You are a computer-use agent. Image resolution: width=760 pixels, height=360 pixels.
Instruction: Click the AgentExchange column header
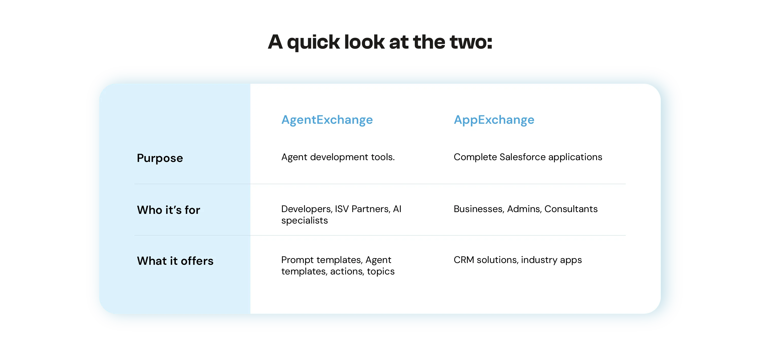[x=327, y=120]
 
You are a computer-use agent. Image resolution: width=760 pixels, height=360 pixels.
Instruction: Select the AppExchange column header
[x=494, y=120]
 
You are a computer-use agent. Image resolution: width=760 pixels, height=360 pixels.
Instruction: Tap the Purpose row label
[x=160, y=158]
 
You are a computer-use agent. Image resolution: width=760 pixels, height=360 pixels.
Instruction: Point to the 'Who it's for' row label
[x=168, y=210]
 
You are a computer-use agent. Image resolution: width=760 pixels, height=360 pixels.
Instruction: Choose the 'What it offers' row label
[x=175, y=261]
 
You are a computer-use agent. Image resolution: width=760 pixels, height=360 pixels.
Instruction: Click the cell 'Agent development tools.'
[x=338, y=157]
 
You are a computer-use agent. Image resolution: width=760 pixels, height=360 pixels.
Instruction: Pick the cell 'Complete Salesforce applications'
[x=528, y=157]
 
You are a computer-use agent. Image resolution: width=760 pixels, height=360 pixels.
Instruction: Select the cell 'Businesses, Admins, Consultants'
[x=525, y=209]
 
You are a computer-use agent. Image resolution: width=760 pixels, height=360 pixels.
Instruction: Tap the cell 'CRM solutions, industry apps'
[x=517, y=260]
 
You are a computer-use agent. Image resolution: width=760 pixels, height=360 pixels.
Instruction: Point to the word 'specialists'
[x=304, y=220]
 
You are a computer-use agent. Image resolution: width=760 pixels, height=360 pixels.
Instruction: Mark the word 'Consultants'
[x=571, y=209]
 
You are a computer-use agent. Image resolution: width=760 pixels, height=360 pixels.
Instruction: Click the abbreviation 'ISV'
[x=342, y=209]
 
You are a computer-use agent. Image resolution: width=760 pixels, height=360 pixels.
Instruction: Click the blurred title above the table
[x=380, y=41]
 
